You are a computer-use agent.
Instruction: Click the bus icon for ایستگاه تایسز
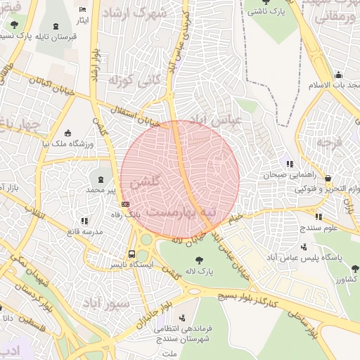131,254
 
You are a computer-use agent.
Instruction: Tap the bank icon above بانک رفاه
125,204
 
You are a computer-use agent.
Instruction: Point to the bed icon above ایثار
83,10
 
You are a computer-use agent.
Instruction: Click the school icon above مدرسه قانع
84,221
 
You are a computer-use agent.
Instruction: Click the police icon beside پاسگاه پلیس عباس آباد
304,247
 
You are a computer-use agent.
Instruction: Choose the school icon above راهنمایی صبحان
290,165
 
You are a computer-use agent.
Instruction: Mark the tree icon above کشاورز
354,268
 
